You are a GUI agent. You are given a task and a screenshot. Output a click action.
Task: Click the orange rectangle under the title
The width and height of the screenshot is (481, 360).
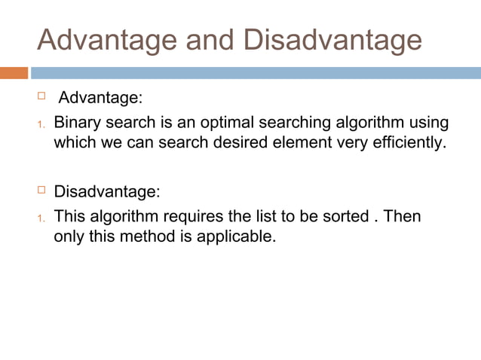pyautogui.click(x=14, y=73)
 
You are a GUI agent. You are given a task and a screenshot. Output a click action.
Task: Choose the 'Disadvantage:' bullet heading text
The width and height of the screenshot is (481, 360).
pyautogui.click(x=107, y=190)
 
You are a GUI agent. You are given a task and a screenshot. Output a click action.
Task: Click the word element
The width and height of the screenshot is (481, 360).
pyautogui.click(x=299, y=142)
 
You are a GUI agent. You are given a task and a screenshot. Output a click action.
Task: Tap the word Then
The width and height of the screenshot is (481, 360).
pyautogui.click(x=402, y=217)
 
